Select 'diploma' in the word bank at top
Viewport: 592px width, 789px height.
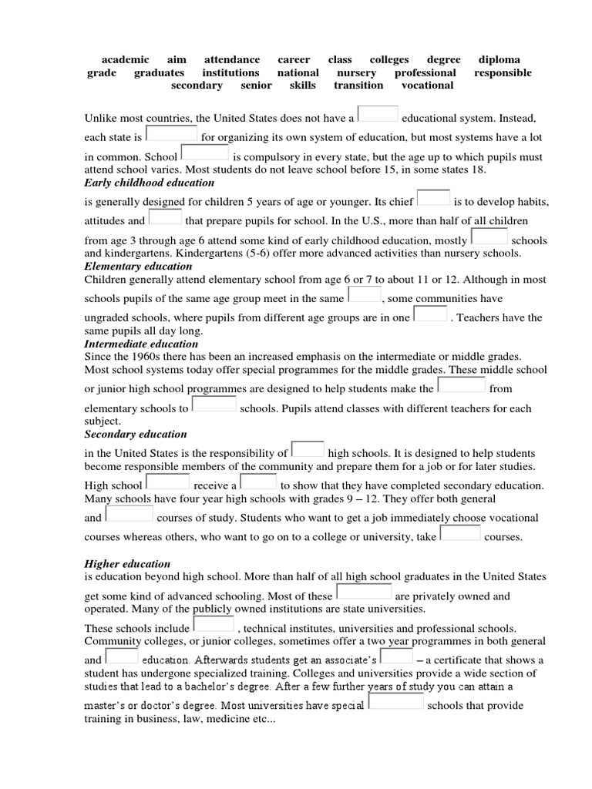pos(499,60)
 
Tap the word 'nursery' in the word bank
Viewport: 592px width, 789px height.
pos(357,73)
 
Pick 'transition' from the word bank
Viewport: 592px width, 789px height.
pos(358,86)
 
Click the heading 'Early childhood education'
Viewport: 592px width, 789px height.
pos(149,183)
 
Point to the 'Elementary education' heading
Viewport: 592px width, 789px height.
pos(138,266)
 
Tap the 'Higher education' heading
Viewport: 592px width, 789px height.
pos(127,564)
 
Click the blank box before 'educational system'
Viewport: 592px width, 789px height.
pos(378,113)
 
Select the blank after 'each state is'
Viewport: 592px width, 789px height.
pos(172,134)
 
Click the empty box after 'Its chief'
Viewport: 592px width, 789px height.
pos(433,197)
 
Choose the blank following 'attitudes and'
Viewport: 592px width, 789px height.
pos(165,217)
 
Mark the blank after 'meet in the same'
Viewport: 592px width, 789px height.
pos(365,294)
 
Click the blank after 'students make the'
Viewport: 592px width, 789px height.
pos(461,384)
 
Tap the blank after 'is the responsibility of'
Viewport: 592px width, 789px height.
pos(308,448)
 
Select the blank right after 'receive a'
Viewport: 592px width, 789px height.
pos(258,482)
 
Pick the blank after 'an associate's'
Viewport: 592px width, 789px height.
pos(396,656)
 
